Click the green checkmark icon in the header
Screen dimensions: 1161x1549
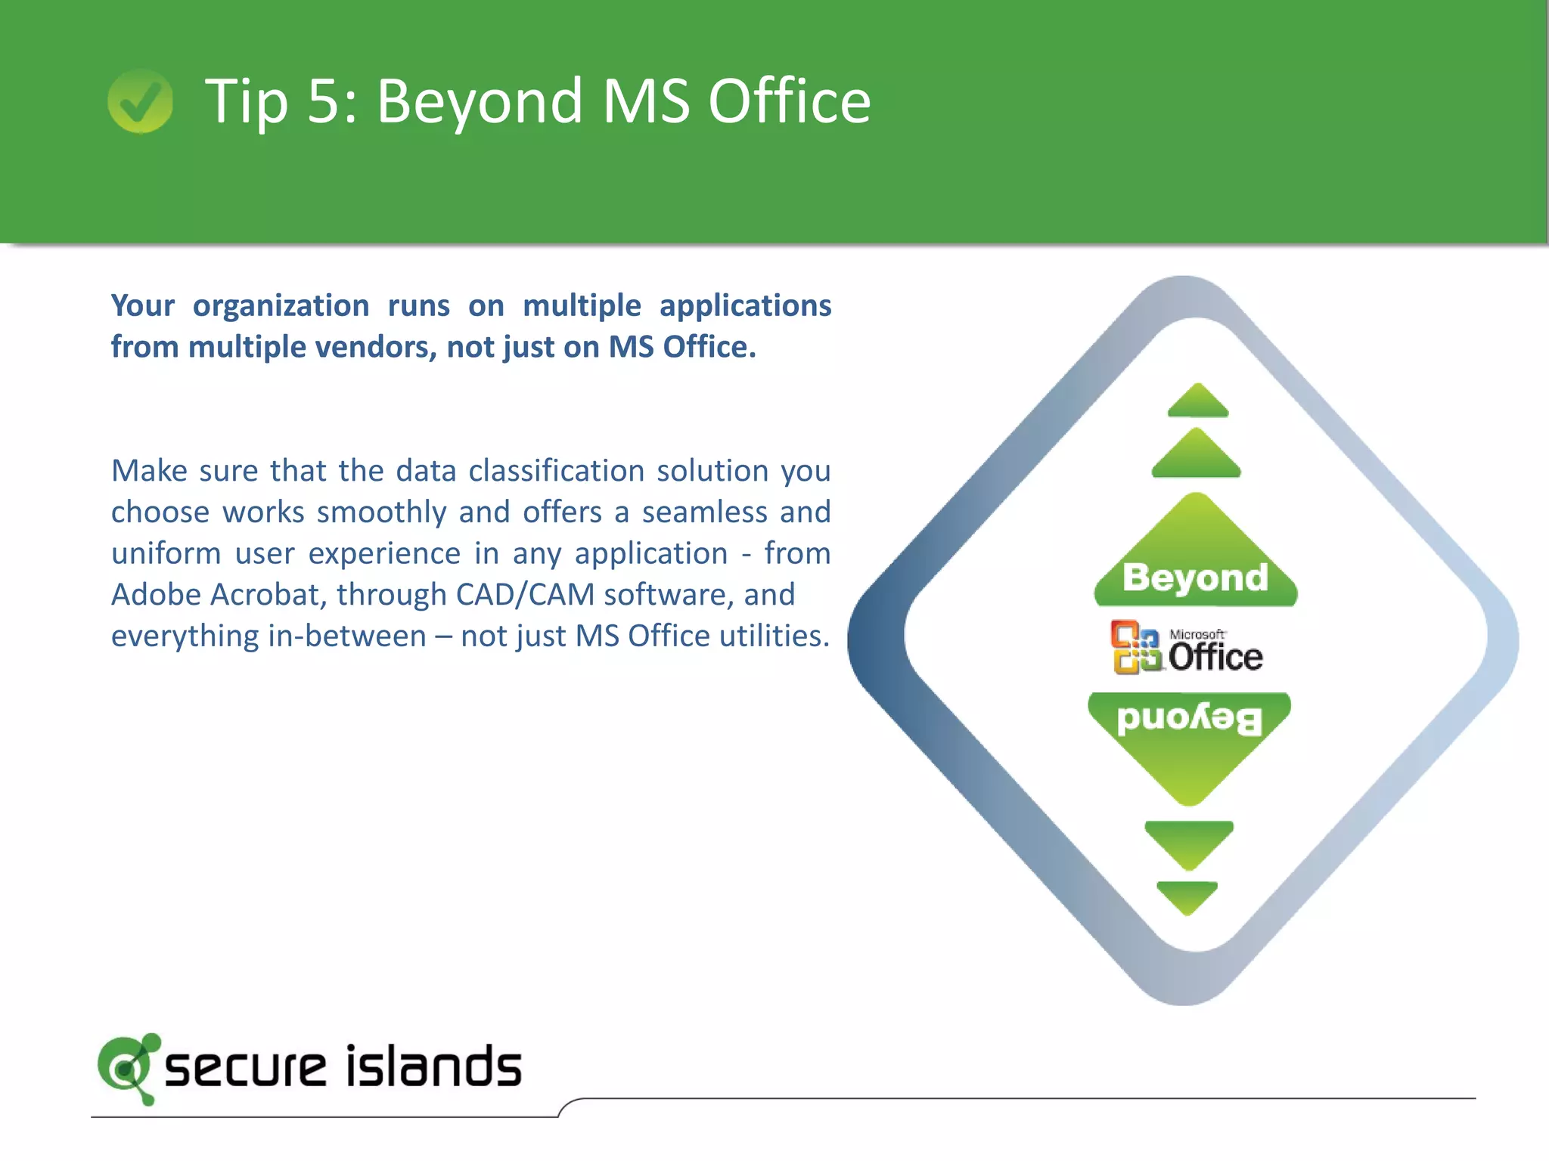pos(140,101)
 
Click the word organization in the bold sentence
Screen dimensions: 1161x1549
pos(281,306)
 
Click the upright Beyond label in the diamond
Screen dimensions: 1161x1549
pos(1195,577)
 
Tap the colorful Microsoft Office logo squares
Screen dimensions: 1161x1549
pos(1135,647)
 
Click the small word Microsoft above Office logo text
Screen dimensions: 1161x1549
pos(1197,634)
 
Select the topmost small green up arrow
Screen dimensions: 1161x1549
pos(1198,402)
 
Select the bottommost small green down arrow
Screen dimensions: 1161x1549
pos(1187,897)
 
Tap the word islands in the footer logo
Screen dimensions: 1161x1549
pos(433,1067)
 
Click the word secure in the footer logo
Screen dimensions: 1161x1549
pos(245,1068)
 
